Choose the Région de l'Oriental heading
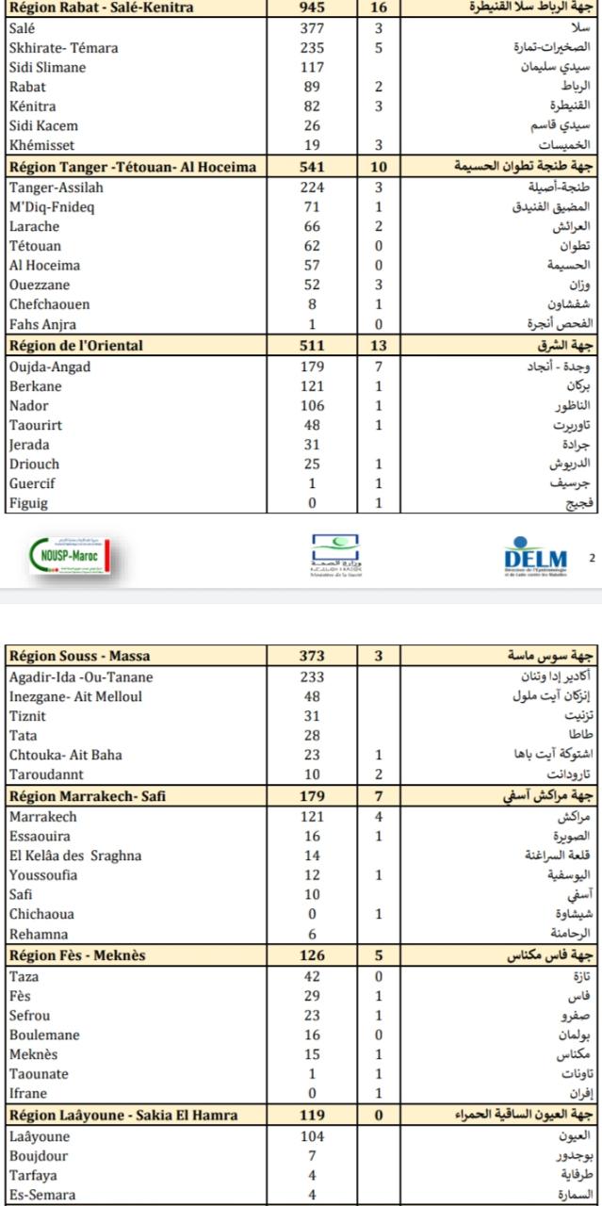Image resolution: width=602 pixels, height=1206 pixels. [76, 346]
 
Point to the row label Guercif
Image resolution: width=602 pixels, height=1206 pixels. [33, 484]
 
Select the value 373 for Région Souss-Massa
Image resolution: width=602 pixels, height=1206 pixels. [311, 656]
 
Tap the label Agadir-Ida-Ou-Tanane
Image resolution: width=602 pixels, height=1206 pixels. [80, 676]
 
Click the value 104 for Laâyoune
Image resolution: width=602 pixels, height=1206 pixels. [311, 1136]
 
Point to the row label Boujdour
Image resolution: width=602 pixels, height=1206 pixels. [37, 1155]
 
